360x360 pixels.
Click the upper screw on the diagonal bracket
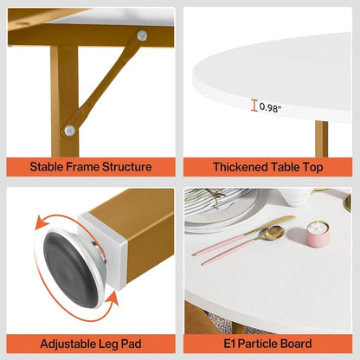[142, 35]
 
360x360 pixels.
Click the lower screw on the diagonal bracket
[70, 130]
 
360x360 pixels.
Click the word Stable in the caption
[49, 167]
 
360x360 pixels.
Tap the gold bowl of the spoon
[273, 232]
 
